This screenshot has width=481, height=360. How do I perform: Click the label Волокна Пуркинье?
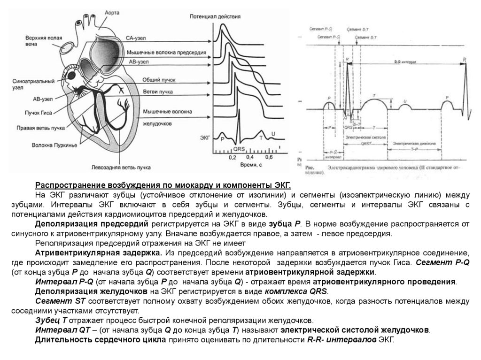pyautogui.click(x=48, y=146)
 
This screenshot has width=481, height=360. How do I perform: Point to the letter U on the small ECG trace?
pyautogui.click(x=273, y=134)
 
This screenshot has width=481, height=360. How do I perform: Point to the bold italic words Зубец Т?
pyautogui.click(x=52, y=320)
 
